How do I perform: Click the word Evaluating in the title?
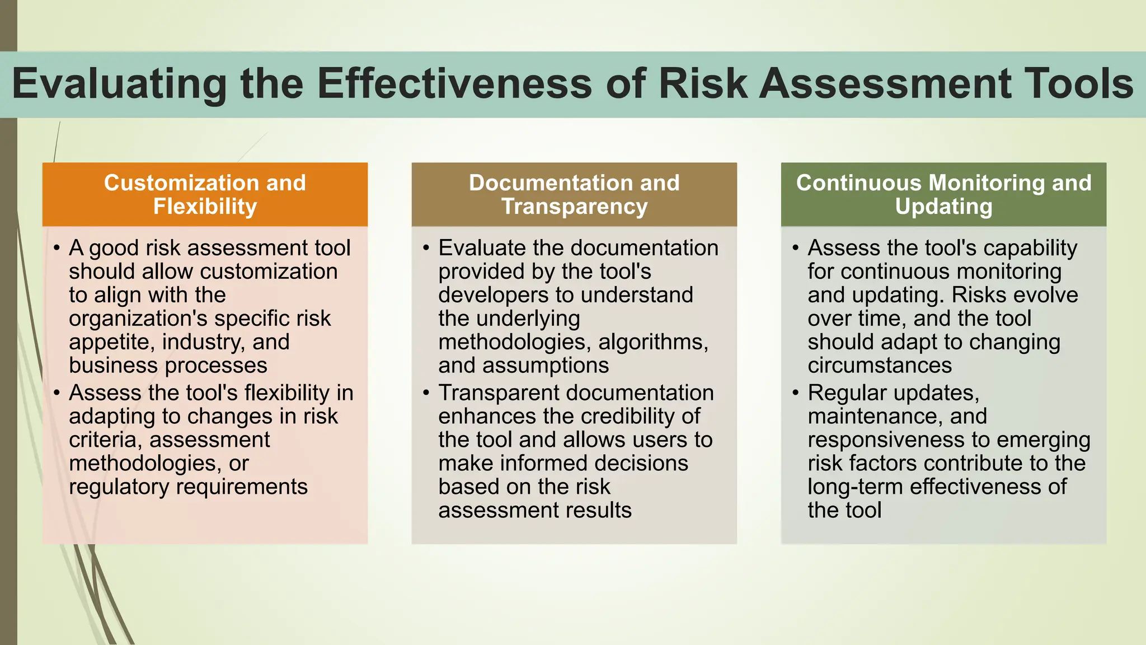coord(119,84)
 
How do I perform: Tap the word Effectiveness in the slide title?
coord(454,84)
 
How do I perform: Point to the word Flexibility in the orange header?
coord(205,207)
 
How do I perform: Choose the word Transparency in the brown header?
coord(574,207)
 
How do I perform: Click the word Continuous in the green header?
coord(858,183)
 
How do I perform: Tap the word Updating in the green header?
coord(943,207)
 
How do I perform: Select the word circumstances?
coord(880,366)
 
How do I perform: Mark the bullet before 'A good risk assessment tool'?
coord(57,248)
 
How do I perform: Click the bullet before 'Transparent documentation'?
coord(426,393)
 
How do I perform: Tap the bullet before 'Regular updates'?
coord(795,393)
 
